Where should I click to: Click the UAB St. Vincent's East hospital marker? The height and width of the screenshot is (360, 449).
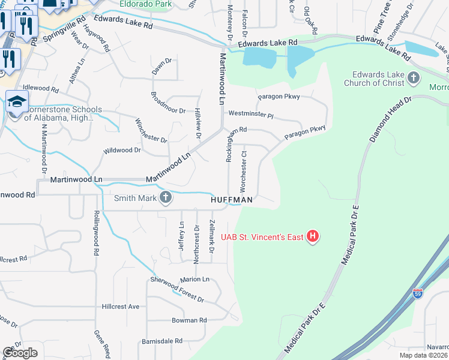(x=312, y=237)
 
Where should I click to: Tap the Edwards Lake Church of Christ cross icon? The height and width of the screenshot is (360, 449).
(x=413, y=77)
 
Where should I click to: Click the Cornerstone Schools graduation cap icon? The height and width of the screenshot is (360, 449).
(x=17, y=101)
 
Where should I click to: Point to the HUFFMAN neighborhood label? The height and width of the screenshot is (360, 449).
(x=232, y=199)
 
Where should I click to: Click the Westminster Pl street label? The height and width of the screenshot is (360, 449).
(x=250, y=114)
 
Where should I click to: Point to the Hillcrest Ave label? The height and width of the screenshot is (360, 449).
(x=120, y=307)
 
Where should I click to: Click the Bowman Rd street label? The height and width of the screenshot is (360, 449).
(x=188, y=320)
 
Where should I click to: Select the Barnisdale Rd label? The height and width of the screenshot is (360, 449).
(x=162, y=341)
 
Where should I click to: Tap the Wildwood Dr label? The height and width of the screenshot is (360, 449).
(x=122, y=151)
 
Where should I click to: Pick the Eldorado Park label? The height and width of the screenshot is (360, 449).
(x=145, y=4)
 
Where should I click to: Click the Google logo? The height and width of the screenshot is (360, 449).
(x=20, y=353)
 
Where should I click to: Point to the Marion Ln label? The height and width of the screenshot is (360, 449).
(x=194, y=280)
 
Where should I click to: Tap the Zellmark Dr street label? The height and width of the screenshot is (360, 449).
(x=211, y=236)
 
